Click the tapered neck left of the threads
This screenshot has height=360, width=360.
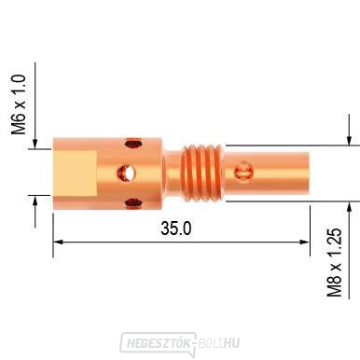[x=174, y=172]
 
